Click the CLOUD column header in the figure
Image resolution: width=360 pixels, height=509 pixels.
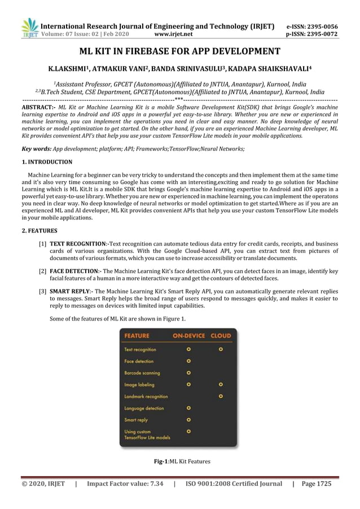tap(221, 336)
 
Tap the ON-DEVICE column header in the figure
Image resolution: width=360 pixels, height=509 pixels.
tap(189, 336)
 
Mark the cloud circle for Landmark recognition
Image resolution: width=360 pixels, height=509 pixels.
tap(221, 396)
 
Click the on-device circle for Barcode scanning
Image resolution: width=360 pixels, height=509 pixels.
tap(188, 372)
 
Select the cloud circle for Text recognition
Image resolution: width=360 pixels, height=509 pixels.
tap(221, 349)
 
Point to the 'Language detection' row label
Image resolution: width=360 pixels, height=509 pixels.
tap(144, 408)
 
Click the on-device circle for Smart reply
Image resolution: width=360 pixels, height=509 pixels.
tap(188, 420)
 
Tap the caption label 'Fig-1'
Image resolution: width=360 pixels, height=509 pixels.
tap(161, 462)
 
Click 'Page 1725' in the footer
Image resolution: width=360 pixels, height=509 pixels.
tap(317, 484)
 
